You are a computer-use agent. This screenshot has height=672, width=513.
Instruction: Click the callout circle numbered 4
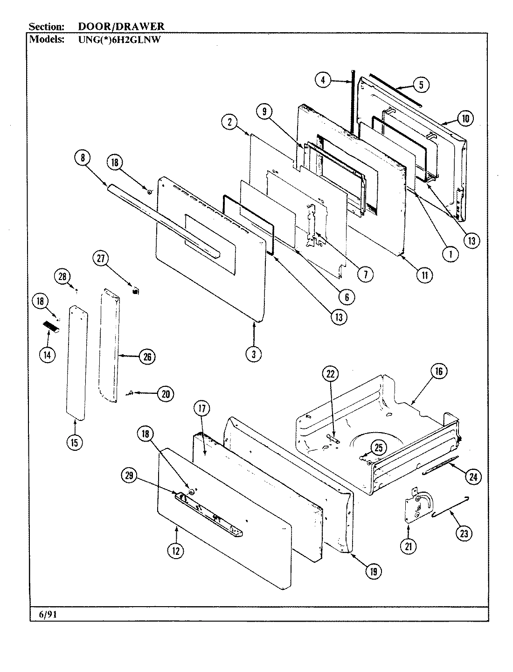coord(322,80)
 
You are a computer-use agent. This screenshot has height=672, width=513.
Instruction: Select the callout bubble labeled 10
coord(465,119)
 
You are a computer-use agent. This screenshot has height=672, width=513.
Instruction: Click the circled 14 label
coord(47,355)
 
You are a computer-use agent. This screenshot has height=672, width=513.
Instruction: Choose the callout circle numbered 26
coord(147,357)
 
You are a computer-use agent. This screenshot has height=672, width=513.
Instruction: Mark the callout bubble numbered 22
coord(331,373)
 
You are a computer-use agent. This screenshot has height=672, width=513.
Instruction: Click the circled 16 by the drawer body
coord(438,371)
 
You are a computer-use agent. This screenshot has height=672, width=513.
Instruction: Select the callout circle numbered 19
coord(374,571)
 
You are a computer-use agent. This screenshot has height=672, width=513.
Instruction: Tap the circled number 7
coord(365,275)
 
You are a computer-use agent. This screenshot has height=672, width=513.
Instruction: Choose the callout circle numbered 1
coord(451,254)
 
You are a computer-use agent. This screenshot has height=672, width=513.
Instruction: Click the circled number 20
coord(165,394)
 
